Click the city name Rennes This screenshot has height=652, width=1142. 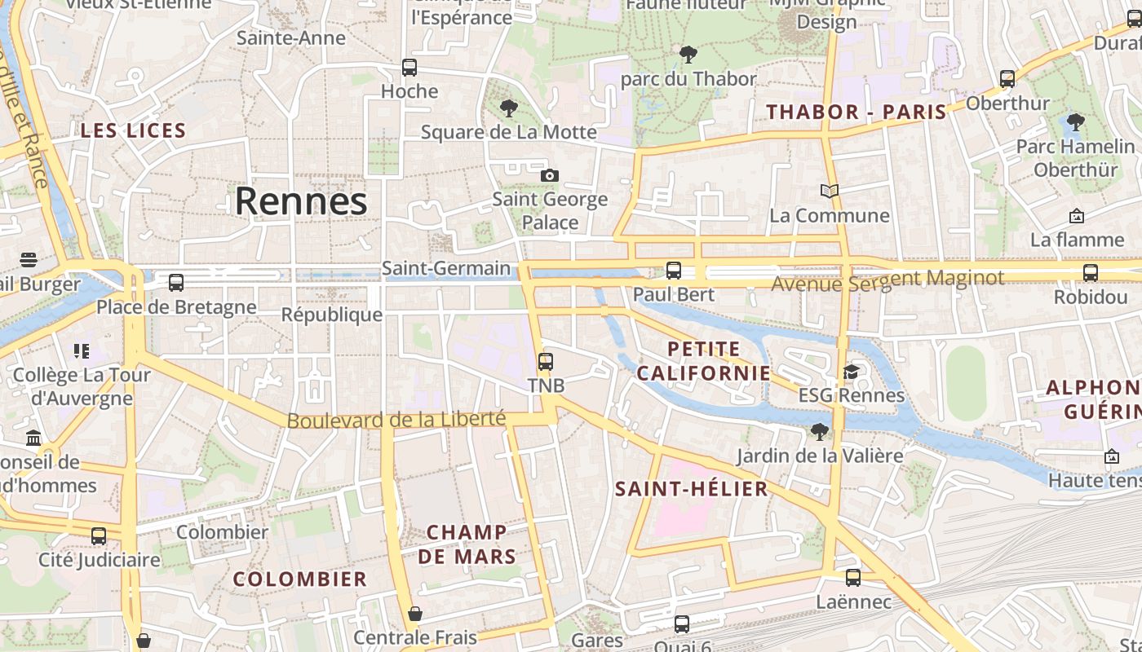[x=301, y=201]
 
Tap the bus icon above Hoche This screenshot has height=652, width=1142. [x=409, y=68]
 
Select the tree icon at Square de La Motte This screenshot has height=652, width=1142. [x=509, y=108]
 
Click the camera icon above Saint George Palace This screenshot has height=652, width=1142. [x=550, y=175]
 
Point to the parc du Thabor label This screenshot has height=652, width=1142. [x=688, y=79]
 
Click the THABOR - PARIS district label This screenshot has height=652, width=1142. [x=856, y=112]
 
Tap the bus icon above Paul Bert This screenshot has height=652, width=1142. [x=674, y=270]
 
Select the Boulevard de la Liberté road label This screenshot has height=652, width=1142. [x=396, y=420]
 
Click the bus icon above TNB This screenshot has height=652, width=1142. [x=546, y=361]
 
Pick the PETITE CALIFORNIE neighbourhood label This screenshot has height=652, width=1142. [x=704, y=361]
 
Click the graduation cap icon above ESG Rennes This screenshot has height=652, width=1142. [x=851, y=372]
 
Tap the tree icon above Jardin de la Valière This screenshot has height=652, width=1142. [x=820, y=431]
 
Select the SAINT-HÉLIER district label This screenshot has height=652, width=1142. [x=692, y=489]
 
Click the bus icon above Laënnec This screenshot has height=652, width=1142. [x=853, y=578]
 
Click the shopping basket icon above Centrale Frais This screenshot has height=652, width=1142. [x=415, y=614]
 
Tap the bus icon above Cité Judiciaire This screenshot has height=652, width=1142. [x=99, y=536]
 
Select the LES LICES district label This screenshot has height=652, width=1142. [x=134, y=130]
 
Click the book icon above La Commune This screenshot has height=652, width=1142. [x=830, y=191]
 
